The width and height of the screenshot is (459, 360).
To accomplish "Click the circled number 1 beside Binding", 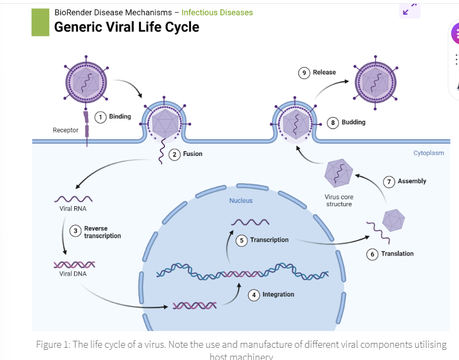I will click(100, 117).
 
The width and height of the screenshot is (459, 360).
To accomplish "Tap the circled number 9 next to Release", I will click(304, 73).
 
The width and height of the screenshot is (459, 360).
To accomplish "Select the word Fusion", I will click(193, 154).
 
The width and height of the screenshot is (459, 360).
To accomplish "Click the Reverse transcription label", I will click(103, 232).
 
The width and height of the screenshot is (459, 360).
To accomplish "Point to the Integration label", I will click(278, 294).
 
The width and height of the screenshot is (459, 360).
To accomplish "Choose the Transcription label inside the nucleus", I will click(269, 240).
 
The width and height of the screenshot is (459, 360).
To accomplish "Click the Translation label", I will click(397, 254).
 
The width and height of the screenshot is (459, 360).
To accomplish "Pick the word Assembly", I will click(412, 181).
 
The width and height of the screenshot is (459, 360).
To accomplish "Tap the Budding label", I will click(353, 122).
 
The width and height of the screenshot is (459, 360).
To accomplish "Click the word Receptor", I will click(66, 130).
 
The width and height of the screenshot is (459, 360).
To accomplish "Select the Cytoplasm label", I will click(429, 153).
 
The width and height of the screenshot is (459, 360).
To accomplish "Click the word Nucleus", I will click(241, 201).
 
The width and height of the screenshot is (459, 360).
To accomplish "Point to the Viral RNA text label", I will click(73, 209).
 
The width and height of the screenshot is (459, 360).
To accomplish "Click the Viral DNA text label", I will click(73, 274).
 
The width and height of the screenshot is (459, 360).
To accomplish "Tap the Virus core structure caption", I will click(339, 200).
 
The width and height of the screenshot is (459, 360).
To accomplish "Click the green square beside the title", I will click(40, 22).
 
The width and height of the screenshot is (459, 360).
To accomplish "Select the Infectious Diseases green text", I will click(217, 12).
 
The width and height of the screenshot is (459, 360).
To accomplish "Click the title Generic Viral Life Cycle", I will click(126, 27).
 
